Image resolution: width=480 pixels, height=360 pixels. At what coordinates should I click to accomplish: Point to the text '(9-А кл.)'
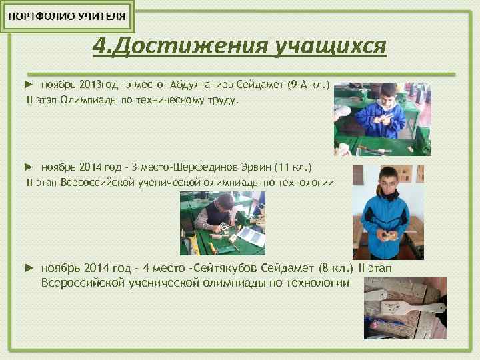[x=309, y=86]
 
